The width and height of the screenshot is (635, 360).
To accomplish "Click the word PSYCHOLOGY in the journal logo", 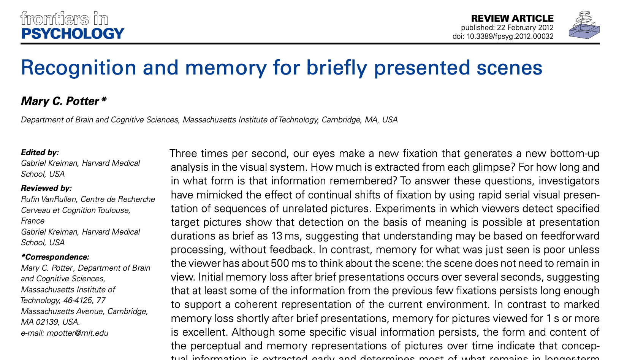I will coord(73,34).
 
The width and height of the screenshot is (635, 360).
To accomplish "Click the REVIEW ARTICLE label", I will coord(512,18).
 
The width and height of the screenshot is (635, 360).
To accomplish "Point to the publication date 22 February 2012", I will coord(524,27).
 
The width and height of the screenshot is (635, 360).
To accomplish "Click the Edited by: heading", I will coord(40,152).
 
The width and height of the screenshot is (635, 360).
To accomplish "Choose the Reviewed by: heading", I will coord(46,188).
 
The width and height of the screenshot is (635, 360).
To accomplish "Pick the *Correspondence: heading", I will coord(55,257).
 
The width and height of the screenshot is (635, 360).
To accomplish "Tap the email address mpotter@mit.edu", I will coord(77,333).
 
